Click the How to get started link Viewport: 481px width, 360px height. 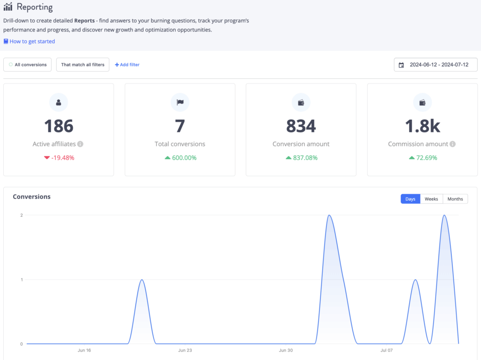[32, 41]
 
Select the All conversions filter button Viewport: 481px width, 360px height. [28, 65]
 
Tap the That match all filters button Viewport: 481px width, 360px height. [83, 65]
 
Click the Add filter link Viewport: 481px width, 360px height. [127, 65]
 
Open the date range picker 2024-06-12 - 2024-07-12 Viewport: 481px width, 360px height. [435, 65]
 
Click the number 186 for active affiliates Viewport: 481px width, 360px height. [59, 126]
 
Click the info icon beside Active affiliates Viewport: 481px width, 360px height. [80, 144]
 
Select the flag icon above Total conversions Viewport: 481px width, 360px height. [180, 102]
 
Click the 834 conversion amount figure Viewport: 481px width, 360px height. [301, 126]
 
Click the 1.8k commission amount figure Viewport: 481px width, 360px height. [422, 126]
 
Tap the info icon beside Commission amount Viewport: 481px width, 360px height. [452, 144]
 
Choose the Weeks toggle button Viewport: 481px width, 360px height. [431, 199]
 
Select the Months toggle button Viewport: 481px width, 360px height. [455, 199]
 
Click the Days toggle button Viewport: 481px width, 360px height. [411, 199]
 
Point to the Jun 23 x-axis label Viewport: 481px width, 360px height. [185, 350]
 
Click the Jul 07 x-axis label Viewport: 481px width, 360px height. [386, 350]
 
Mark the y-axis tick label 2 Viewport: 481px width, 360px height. [21, 215]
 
